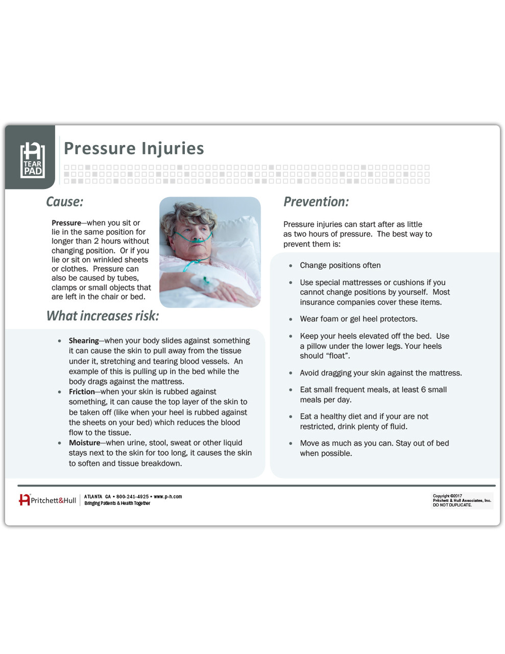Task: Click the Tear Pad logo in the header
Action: (x=33, y=160)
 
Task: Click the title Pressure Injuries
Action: (x=134, y=148)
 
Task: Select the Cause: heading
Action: (x=65, y=202)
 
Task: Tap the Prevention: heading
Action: (x=316, y=202)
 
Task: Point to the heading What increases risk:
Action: (x=103, y=316)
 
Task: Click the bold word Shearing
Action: (x=84, y=341)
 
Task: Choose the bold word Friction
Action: (x=82, y=392)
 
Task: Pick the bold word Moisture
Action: (x=84, y=443)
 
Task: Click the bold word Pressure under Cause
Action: (x=66, y=223)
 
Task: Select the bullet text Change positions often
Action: (x=340, y=265)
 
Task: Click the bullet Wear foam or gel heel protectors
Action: (x=358, y=319)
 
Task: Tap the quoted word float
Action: (x=340, y=356)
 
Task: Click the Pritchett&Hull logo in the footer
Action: (x=47, y=500)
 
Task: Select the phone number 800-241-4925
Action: (x=132, y=497)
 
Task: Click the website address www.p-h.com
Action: (x=167, y=497)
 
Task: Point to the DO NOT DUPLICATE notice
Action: (x=452, y=505)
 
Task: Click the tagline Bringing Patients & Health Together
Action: (x=117, y=503)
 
